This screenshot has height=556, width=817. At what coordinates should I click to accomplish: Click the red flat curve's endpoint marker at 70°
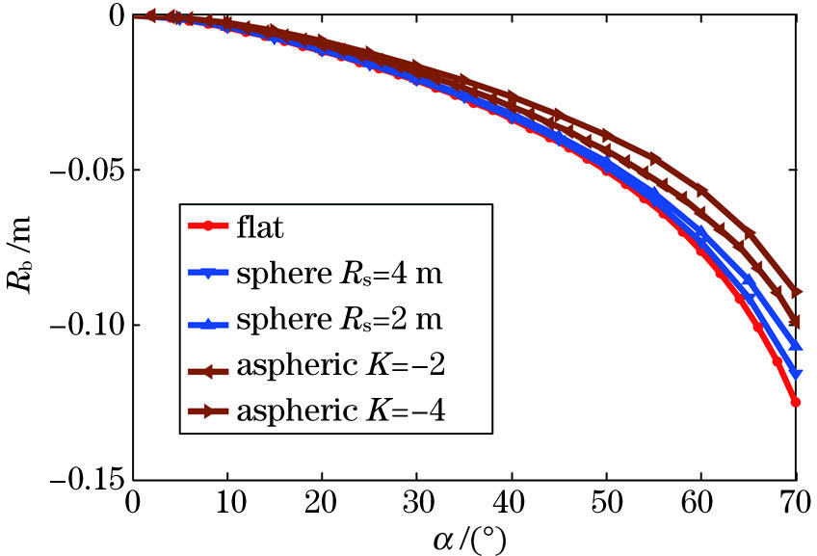796,402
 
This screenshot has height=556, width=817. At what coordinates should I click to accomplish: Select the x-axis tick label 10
226,504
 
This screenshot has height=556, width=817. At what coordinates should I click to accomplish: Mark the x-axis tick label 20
322,504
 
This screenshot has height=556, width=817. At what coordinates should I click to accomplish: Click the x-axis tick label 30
416,504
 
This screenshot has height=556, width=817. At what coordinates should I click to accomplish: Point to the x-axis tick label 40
512,504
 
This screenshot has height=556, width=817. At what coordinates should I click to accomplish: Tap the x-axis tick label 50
606,504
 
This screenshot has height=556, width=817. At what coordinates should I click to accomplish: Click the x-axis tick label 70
794,504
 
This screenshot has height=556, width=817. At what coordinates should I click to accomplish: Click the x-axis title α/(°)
467,538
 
